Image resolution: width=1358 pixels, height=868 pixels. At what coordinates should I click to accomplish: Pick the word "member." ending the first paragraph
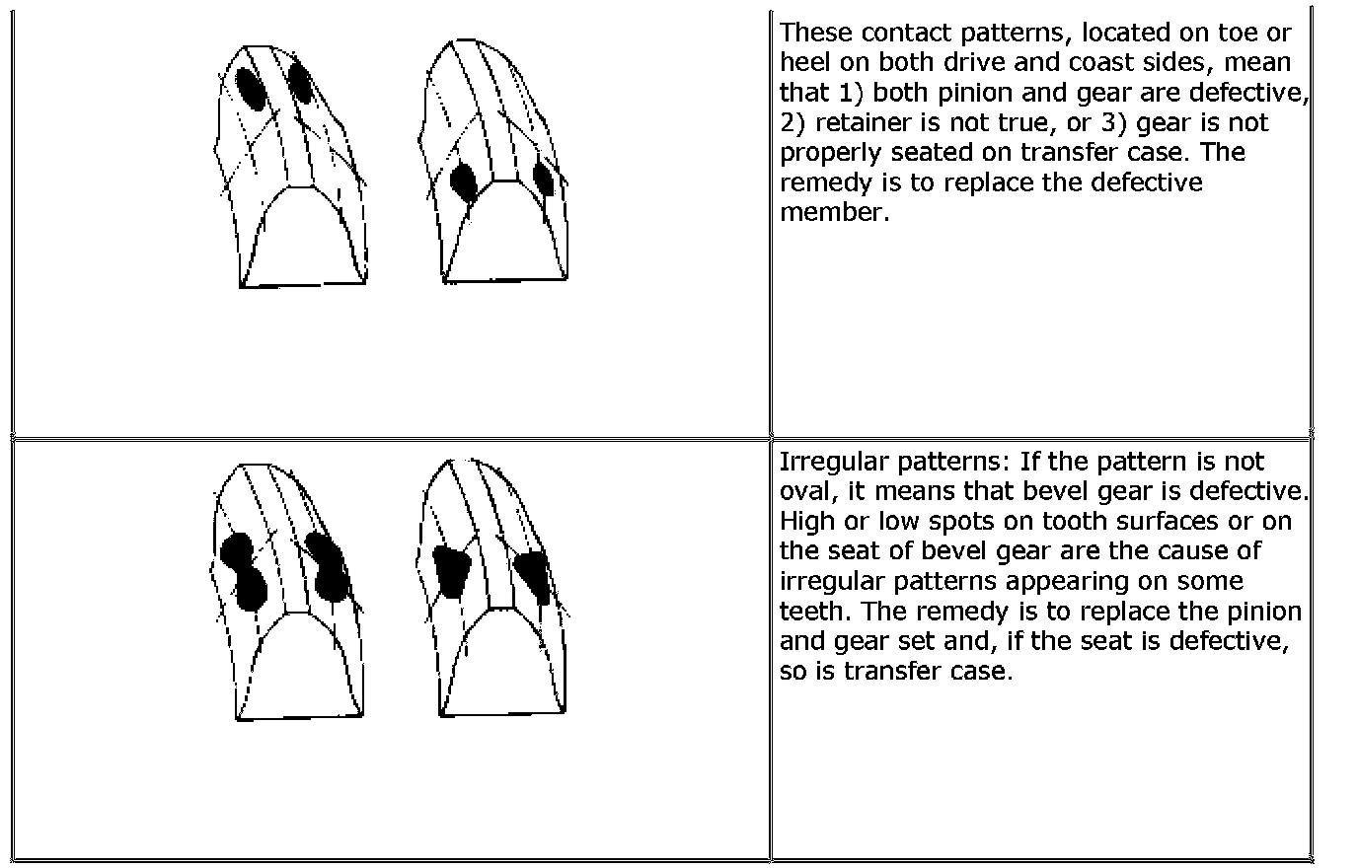tap(834, 212)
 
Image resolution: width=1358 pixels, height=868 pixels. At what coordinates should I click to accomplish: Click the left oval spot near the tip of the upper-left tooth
tap(250, 88)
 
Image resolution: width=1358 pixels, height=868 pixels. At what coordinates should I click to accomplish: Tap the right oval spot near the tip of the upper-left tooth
tap(301, 85)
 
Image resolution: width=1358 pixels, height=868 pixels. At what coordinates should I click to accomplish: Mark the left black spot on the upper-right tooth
tap(464, 182)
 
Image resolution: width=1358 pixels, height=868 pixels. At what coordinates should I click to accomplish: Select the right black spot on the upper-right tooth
tap(542, 178)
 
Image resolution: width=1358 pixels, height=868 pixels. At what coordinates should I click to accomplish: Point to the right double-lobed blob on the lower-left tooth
tap(327, 567)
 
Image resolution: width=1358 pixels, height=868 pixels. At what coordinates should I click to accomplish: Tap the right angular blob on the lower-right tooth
tap(534, 574)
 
